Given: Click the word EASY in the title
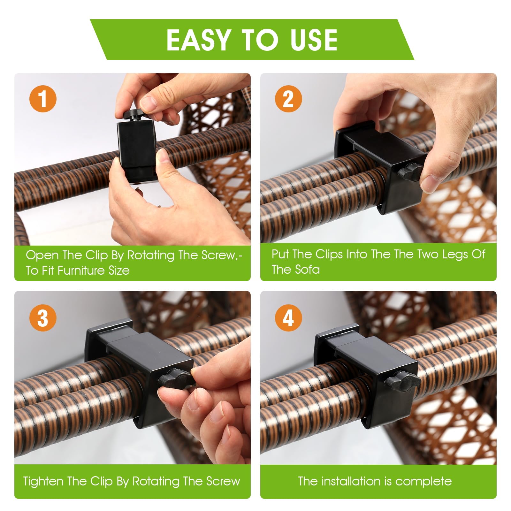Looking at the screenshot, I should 198,40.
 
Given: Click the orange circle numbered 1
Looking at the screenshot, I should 43,99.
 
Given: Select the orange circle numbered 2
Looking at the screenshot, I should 288,99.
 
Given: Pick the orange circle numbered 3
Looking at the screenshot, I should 43,318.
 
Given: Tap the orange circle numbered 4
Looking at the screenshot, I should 288,318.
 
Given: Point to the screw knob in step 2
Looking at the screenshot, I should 410,172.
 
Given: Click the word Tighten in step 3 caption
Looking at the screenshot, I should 43,481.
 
